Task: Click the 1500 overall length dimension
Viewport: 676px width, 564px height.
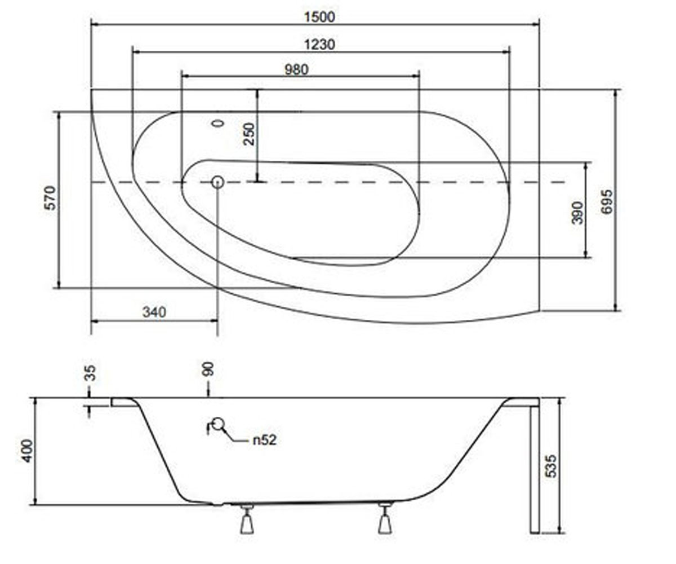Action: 319,17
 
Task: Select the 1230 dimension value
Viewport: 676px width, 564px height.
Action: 319,45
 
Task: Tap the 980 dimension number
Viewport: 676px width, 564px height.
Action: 296,70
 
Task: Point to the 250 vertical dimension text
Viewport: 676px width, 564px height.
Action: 249,134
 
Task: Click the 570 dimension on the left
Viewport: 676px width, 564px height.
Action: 50,198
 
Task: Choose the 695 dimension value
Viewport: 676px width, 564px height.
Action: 607,201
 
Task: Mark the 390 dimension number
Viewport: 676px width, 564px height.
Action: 577,213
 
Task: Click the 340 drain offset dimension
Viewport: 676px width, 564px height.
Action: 154,312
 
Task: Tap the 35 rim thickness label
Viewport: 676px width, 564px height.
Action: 90,373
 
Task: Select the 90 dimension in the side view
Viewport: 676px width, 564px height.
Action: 208,369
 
